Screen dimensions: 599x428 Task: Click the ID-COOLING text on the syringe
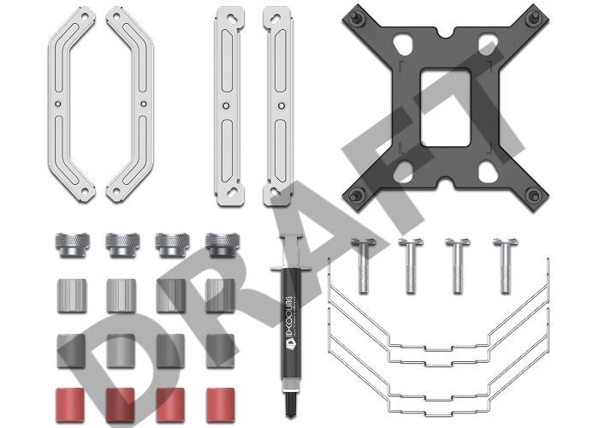(x=288, y=322)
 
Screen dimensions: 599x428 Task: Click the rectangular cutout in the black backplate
(x=445, y=107)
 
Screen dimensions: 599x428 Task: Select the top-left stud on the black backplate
(x=353, y=16)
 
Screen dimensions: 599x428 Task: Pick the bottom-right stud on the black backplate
(x=534, y=195)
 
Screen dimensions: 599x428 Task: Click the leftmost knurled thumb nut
(x=73, y=245)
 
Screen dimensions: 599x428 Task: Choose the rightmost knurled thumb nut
(x=222, y=245)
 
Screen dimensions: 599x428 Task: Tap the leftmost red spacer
(x=71, y=405)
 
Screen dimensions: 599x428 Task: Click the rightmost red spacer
(x=221, y=405)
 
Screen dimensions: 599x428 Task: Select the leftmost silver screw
(x=364, y=265)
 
